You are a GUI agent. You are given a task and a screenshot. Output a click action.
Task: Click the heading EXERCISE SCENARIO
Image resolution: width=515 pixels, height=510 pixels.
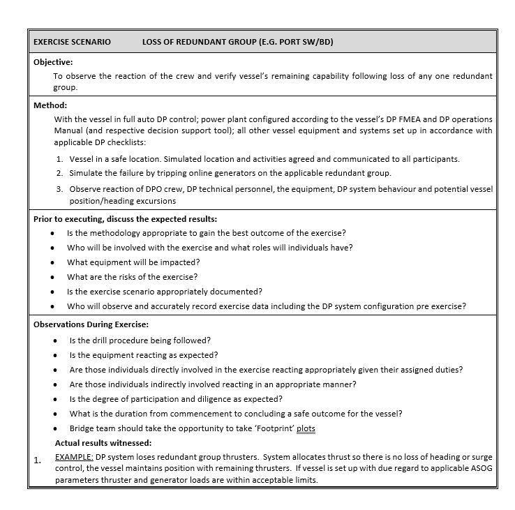tap(72, 42)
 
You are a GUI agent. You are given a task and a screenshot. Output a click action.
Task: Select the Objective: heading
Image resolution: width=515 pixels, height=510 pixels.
tap(53, 62)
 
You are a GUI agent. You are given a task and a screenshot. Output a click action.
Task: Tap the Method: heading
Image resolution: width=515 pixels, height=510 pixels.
tap(50, 105)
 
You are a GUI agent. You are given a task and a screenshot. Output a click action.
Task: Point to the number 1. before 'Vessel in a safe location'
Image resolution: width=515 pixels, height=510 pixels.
tap(60, 159)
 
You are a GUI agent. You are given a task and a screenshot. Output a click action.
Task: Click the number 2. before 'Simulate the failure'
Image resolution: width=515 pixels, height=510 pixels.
tap(60, 173)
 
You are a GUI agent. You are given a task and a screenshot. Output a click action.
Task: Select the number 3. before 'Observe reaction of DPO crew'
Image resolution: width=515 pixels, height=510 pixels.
tap(60, 189)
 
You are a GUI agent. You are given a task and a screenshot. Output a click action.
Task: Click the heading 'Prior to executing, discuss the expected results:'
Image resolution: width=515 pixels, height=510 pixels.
tap(126, 219)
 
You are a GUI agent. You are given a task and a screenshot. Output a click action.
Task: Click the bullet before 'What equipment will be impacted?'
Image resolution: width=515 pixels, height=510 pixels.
tap(52, 262)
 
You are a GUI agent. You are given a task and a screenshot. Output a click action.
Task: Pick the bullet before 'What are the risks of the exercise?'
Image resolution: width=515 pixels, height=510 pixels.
tap(52, 277)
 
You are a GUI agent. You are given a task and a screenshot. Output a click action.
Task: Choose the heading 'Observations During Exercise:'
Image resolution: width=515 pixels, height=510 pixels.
tap(91, 324)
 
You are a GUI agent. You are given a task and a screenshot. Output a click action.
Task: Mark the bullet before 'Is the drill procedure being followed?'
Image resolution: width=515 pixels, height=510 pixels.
tap(55, 340)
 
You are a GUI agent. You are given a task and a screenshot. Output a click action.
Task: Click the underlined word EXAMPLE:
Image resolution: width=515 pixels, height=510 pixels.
tap(74, 457)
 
